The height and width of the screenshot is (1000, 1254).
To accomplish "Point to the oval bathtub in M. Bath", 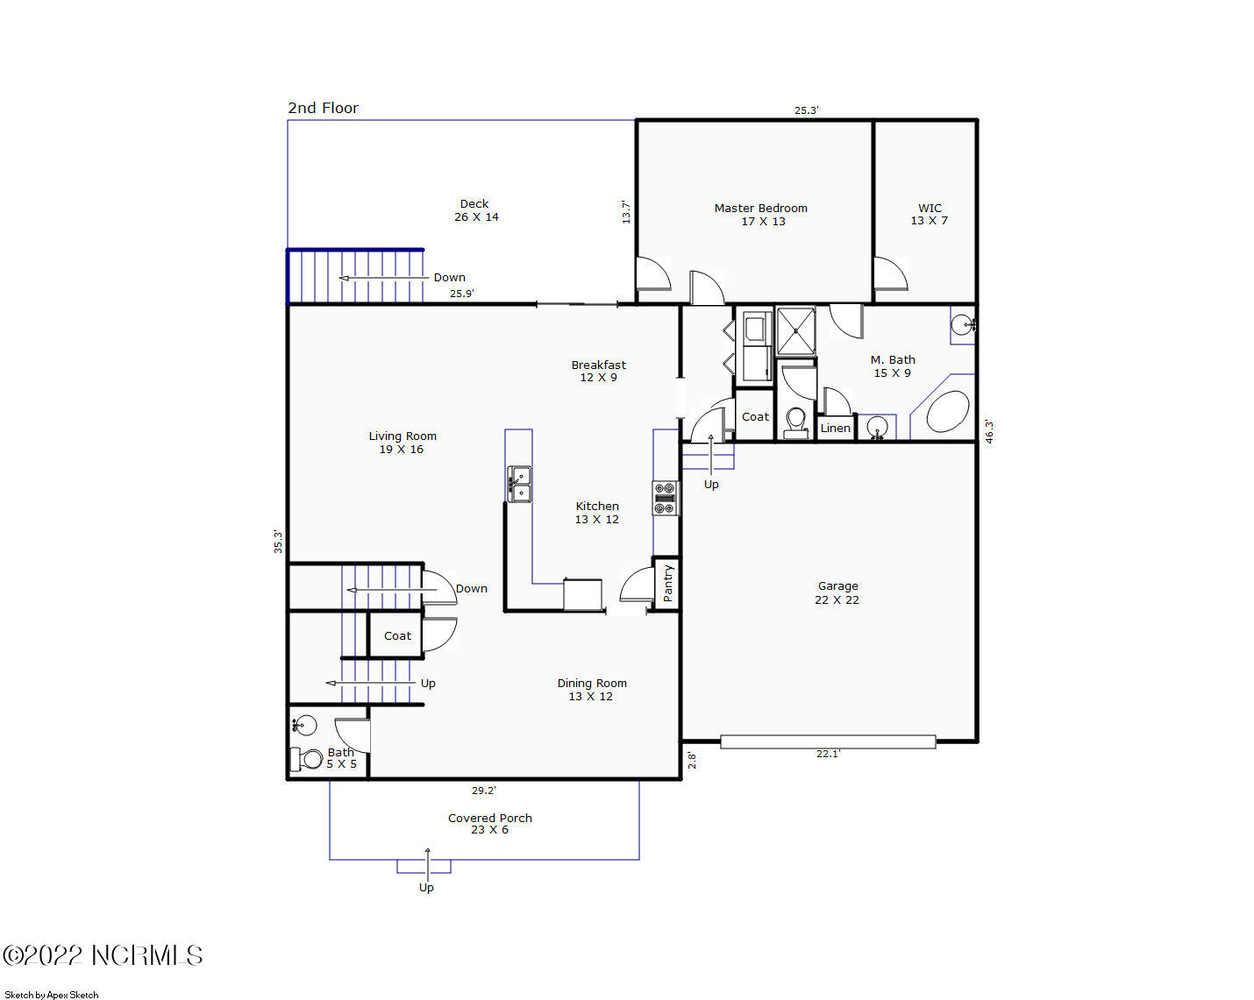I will (947, 412).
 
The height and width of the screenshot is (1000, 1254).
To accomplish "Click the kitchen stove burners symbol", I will (665, 497).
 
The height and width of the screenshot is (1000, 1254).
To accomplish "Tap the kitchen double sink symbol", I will (519, 484).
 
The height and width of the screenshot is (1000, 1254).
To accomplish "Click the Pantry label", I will (667, 583).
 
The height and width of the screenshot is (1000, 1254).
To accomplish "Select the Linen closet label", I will (835, 429).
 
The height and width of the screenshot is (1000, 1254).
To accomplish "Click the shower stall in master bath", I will (795, 331).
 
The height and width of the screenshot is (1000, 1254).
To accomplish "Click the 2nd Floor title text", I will (324, 108).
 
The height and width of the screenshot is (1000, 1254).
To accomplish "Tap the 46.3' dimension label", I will (989, 431).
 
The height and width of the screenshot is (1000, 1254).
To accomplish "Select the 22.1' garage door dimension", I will (828, 754).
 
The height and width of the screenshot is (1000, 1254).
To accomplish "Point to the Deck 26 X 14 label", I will (475, 210).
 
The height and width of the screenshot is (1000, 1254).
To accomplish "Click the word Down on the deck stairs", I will (449, 278).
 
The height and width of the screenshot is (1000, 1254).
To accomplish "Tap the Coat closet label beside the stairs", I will (397, 636).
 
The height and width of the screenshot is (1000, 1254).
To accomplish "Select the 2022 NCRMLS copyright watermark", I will (103, 955).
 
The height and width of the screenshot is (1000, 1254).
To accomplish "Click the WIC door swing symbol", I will (890, 273).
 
